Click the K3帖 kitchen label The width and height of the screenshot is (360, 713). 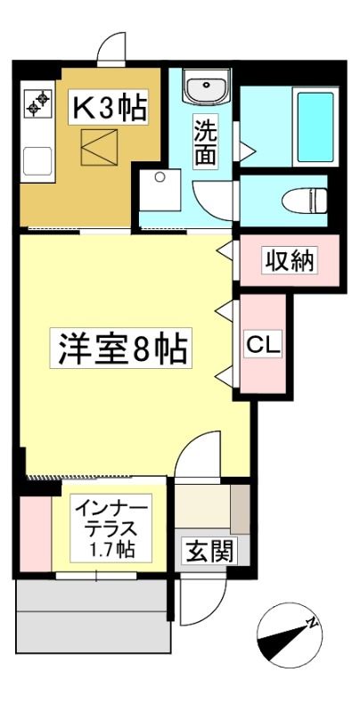(108, 107)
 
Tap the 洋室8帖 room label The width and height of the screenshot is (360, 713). (121, 348)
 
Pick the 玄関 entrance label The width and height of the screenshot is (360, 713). (209, 552)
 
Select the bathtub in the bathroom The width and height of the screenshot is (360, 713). (316, 127)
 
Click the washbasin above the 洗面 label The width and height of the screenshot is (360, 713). (207, 86)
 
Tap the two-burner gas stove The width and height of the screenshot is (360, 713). (38, 103)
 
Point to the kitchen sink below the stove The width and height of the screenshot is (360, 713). (37, 161)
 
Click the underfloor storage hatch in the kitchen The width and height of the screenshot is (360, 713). (99, 147)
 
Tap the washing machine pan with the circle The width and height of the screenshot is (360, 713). (160, 190)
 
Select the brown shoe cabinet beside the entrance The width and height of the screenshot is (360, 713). (241, 509)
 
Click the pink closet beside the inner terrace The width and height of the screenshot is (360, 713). (36, 533)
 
